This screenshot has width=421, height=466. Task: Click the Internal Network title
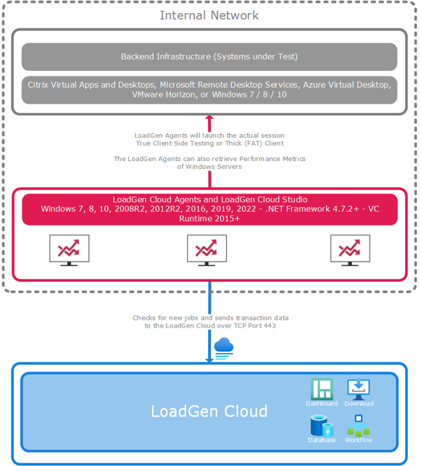209,15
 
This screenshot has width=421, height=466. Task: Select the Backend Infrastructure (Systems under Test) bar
209,57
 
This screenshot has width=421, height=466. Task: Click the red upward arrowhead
209,118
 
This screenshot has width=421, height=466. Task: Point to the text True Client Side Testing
175,143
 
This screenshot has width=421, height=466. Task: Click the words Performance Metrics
272,159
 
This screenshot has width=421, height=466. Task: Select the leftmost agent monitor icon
70,250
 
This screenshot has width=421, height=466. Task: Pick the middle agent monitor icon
207,250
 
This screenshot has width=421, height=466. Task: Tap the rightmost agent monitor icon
350,250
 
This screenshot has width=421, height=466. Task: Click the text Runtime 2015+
209,219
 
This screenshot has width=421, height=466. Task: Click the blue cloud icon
224,349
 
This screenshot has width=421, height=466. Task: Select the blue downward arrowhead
209,360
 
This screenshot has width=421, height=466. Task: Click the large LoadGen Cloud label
209,412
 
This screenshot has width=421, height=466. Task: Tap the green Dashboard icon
322,388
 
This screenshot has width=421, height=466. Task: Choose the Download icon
359,389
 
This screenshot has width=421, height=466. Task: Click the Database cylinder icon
322,426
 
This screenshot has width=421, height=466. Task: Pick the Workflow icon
359,425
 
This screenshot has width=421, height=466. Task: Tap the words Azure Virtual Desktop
346,85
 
